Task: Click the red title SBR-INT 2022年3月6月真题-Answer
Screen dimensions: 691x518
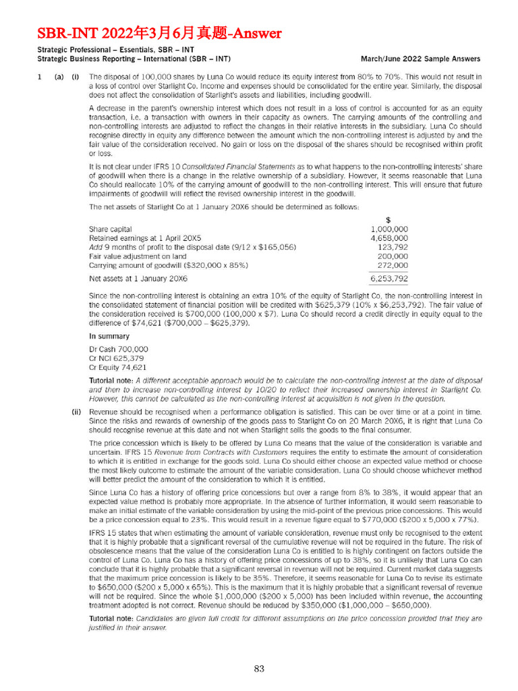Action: (x=159, y=33)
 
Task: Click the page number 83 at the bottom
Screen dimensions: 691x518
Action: (x=259, y=668)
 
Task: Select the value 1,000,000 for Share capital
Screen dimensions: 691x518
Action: (x=389, y=229)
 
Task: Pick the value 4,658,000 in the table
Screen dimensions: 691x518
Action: (x=389, y=238)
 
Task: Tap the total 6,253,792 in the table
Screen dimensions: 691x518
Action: (x=389, y=279)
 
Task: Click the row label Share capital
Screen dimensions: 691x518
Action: (x=111, y=229)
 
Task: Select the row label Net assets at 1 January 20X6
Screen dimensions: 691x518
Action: (x=138, y=279)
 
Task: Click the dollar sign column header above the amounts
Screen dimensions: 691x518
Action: (x=388, y=220)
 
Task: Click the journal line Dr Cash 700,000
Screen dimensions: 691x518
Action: (x=119, y=349)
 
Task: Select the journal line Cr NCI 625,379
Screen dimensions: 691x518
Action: (x=117, y=358)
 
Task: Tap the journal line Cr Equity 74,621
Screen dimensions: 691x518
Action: (x=118, y=367)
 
